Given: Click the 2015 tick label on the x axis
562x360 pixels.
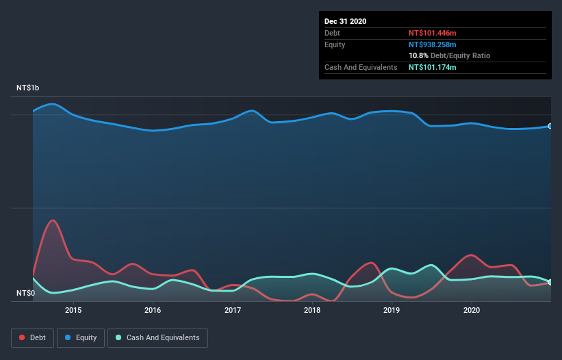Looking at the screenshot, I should coord(73,310).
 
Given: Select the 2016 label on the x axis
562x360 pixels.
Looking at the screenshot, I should coord(153,310).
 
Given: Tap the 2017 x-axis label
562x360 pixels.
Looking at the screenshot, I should coord(233,310).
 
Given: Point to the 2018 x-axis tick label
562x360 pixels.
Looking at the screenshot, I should coord(312,310).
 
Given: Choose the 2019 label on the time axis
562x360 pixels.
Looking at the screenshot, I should coord(392,310).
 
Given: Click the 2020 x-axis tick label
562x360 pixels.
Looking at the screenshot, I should coord(472,310).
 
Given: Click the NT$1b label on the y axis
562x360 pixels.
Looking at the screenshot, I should coord(28,88).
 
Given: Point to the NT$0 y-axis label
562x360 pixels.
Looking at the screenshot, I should coord(25,294).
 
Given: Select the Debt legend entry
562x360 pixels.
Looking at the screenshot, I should coord(32,337).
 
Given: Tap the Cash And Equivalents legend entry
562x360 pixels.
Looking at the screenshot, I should coord(157,337).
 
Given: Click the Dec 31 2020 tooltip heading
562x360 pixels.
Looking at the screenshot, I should coord(345,21).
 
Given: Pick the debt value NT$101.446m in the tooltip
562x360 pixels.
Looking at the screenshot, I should coord(433,33).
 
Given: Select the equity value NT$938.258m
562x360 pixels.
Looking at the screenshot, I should coord(433,44).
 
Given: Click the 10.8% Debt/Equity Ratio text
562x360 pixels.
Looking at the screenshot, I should coord(449,55).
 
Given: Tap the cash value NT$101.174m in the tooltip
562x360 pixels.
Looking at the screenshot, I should coord(433,67).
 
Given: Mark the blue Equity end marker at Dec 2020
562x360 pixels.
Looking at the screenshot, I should coord(550,126).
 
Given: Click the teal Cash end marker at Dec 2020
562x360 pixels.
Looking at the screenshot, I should coord(550,282).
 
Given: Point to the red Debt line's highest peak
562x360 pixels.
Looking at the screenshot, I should coord(53,220).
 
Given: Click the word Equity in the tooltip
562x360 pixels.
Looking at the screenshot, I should coord(335,44).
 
